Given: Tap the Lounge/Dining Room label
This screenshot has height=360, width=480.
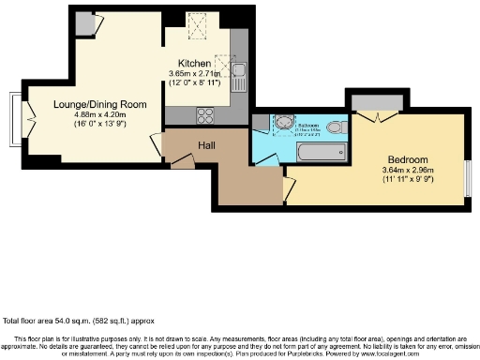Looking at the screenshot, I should (85, 104).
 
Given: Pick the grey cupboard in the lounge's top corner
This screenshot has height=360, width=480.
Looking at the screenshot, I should (84, 22).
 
